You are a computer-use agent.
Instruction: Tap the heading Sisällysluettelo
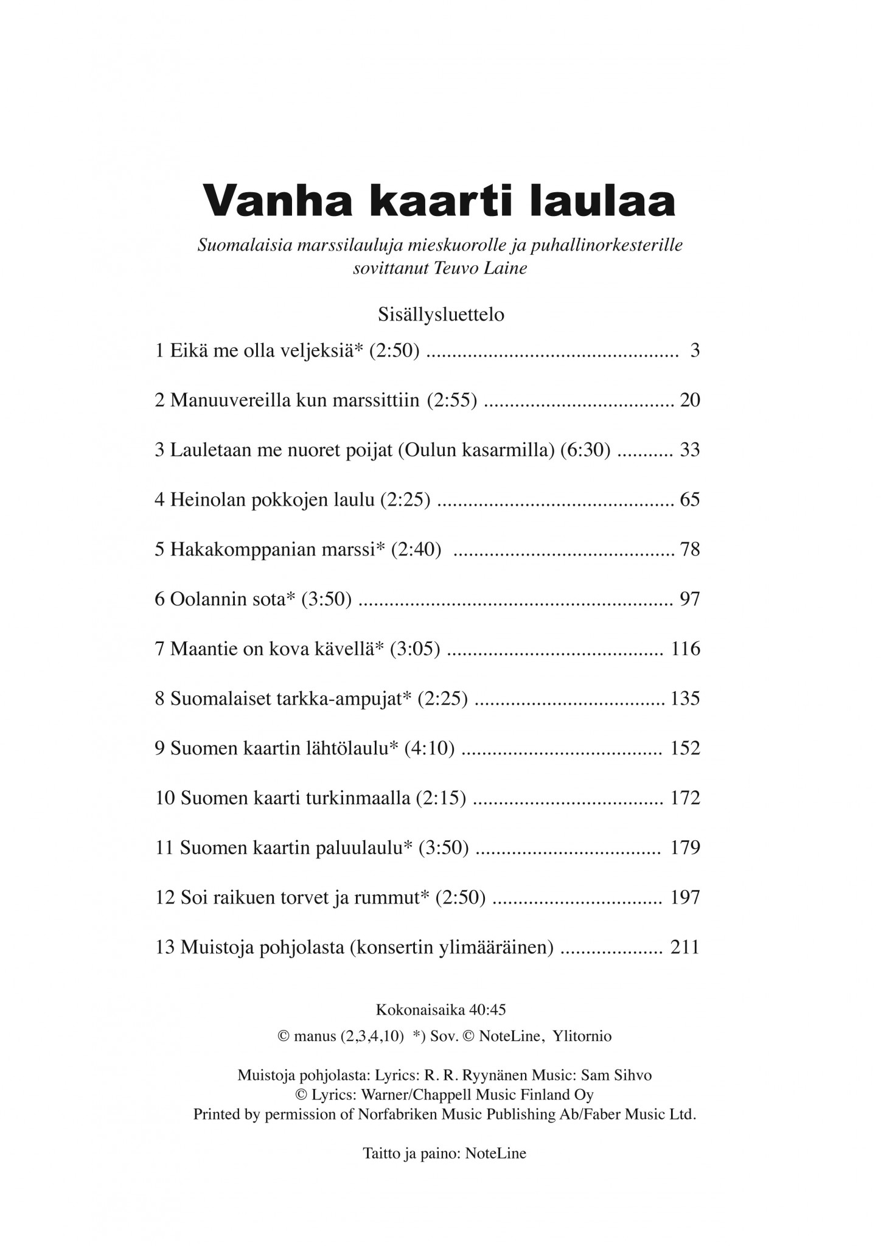click(x=441, y=315)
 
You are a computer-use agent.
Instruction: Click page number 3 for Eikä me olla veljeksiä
click(x=695, y=351)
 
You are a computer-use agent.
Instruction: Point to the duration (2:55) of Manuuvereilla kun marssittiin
click(x=451, y=400)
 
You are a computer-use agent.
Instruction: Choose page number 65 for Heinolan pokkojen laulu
click(x=690, y=500)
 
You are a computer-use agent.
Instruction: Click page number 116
click(x=686, y=649)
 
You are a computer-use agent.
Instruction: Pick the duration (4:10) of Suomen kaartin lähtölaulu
click(x=430, y=748)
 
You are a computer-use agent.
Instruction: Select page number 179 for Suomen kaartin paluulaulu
click(x=686, y=847)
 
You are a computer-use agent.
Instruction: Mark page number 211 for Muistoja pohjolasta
click(x=684, y=947)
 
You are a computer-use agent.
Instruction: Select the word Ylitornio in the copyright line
click(x=582, y=1036)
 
